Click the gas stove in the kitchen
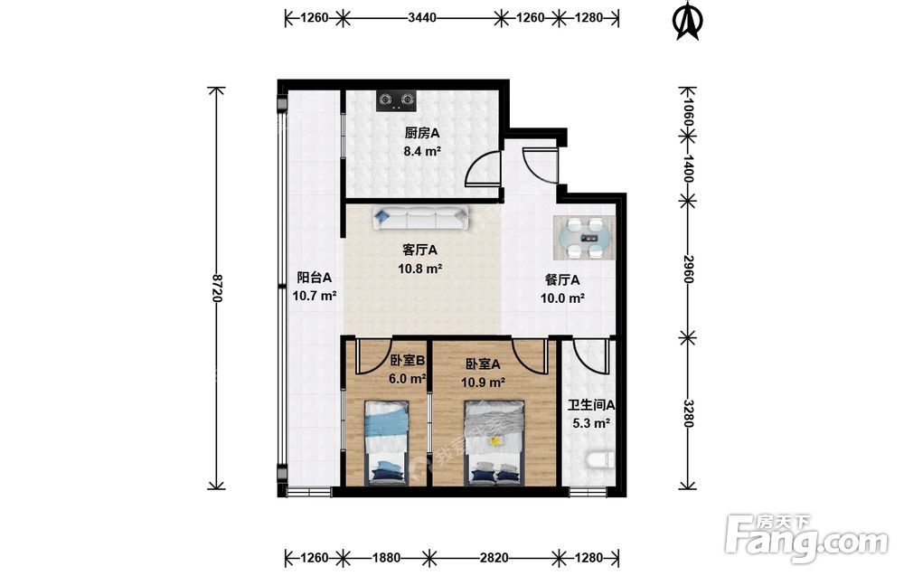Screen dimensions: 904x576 pos(396,101)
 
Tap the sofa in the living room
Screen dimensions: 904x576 pos(420,219)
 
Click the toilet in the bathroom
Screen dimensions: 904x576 pos(599,460)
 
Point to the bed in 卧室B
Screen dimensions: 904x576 pos(386,443)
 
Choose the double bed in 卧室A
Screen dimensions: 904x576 pos(494,443)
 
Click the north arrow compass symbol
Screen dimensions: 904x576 pos(687,21)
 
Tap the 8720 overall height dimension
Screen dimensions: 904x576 pos(217,288)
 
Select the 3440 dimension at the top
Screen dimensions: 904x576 pos(422,18)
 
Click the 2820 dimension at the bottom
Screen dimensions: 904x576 pos(494,558)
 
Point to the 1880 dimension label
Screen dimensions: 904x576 pos(386,558)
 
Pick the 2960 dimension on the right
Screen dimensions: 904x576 pos(687,269)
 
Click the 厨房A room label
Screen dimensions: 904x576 pos(422,133)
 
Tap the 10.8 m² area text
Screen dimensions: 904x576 pos(419,269)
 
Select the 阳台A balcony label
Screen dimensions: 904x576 pos(315,278)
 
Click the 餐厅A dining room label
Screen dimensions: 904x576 pos(562,280)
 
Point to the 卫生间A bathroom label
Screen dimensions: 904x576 pos(591,405)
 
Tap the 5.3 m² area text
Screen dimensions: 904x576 pos(591,424)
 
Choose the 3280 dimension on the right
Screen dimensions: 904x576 pos(687,413)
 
